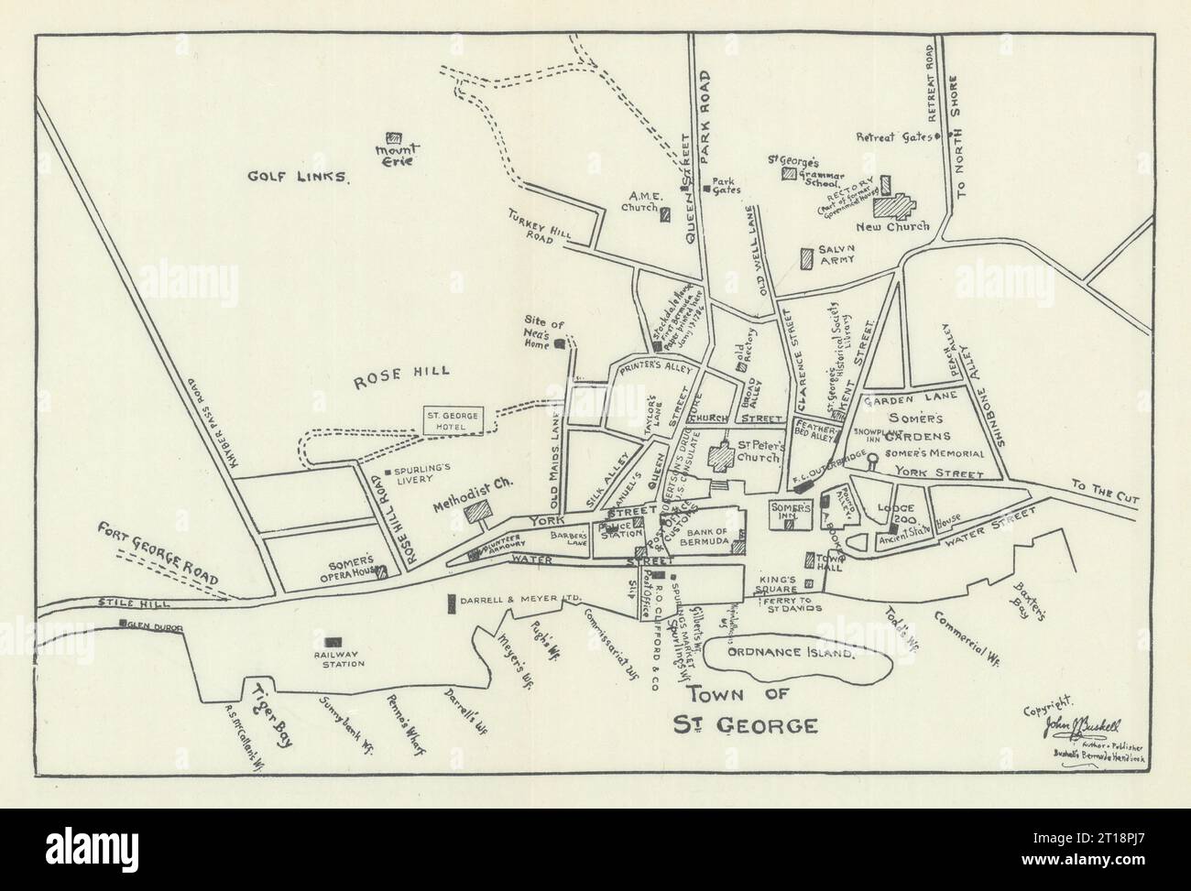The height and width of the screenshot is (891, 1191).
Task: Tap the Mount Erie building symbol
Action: click(394, 136)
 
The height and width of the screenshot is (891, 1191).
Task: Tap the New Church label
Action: click(892, 226)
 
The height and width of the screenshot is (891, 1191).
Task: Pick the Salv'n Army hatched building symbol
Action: click(806, 258)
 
